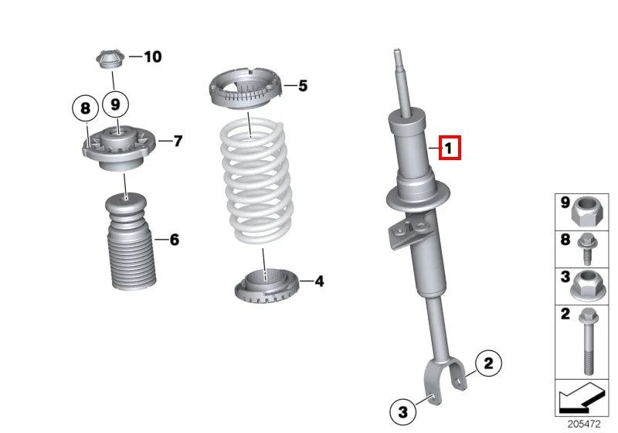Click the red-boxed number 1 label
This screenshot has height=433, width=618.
click(x=450, y=148)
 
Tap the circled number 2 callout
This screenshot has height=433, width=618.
click(x=488, y=363)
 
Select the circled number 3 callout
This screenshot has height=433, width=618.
click(x=402, y=411)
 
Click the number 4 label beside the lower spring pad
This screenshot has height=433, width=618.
click(x=319, y=281)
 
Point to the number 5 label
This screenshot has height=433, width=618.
click(x=303, y=86)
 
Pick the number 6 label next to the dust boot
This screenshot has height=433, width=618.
click(x=175, y=240)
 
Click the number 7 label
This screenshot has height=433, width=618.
click(x=178, y=141)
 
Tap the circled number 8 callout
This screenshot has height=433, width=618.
click(x=85, y=108)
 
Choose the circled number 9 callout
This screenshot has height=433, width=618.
click(x=115, y=104)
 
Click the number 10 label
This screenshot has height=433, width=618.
click(x=153, y=56)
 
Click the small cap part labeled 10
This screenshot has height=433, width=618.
click(x=110, y=59)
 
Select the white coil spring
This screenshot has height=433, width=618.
click(x=256, y=182)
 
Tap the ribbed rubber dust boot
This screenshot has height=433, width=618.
click(x=131, y=241)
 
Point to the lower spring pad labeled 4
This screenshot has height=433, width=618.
click(x=267, y=285)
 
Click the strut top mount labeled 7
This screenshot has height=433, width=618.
click(x=119, y=148)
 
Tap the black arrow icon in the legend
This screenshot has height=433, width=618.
click(x=582, y=397)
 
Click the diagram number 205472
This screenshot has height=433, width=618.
click(x=584, y=424)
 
